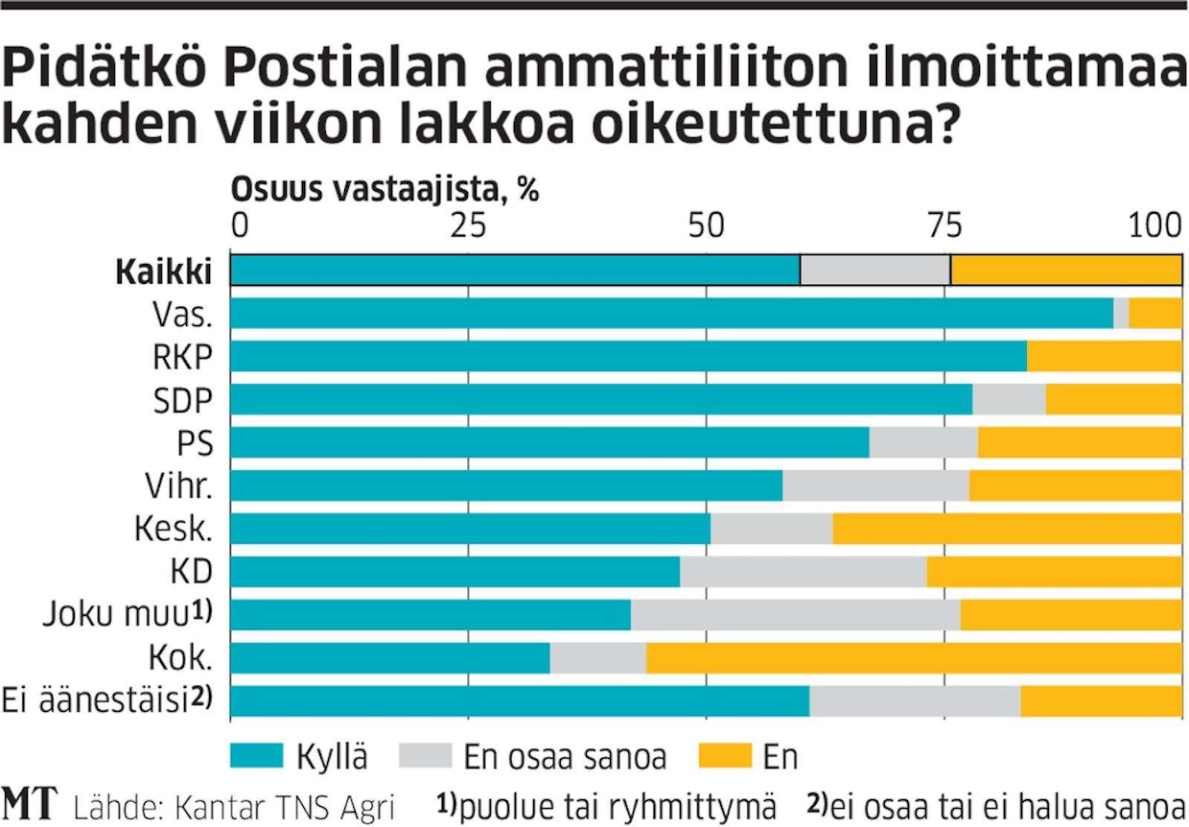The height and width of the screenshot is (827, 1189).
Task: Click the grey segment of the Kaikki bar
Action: click(x=874, y=271)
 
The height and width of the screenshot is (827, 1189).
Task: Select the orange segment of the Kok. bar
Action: click(x=914, y=658)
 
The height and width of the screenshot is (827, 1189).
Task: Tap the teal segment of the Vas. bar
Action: click(x=671, y=314)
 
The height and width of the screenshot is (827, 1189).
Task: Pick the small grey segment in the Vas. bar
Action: click(x=1121, y=314)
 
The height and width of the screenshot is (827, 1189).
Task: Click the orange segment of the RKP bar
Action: click(x=1104, y=356)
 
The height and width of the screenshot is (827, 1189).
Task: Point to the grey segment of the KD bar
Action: click(x=803, y=572)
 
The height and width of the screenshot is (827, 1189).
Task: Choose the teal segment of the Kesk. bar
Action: click(x=471, y=529)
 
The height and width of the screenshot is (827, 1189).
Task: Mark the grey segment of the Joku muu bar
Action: click(x=795, y=615)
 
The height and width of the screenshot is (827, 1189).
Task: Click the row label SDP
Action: click(x=182, y=400)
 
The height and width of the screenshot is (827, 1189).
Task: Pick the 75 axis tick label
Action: click(x=944, y=225)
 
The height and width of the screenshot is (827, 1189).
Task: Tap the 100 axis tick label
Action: click(x=1157, y=225)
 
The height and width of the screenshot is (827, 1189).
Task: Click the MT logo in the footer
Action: click(x=31, y=805)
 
